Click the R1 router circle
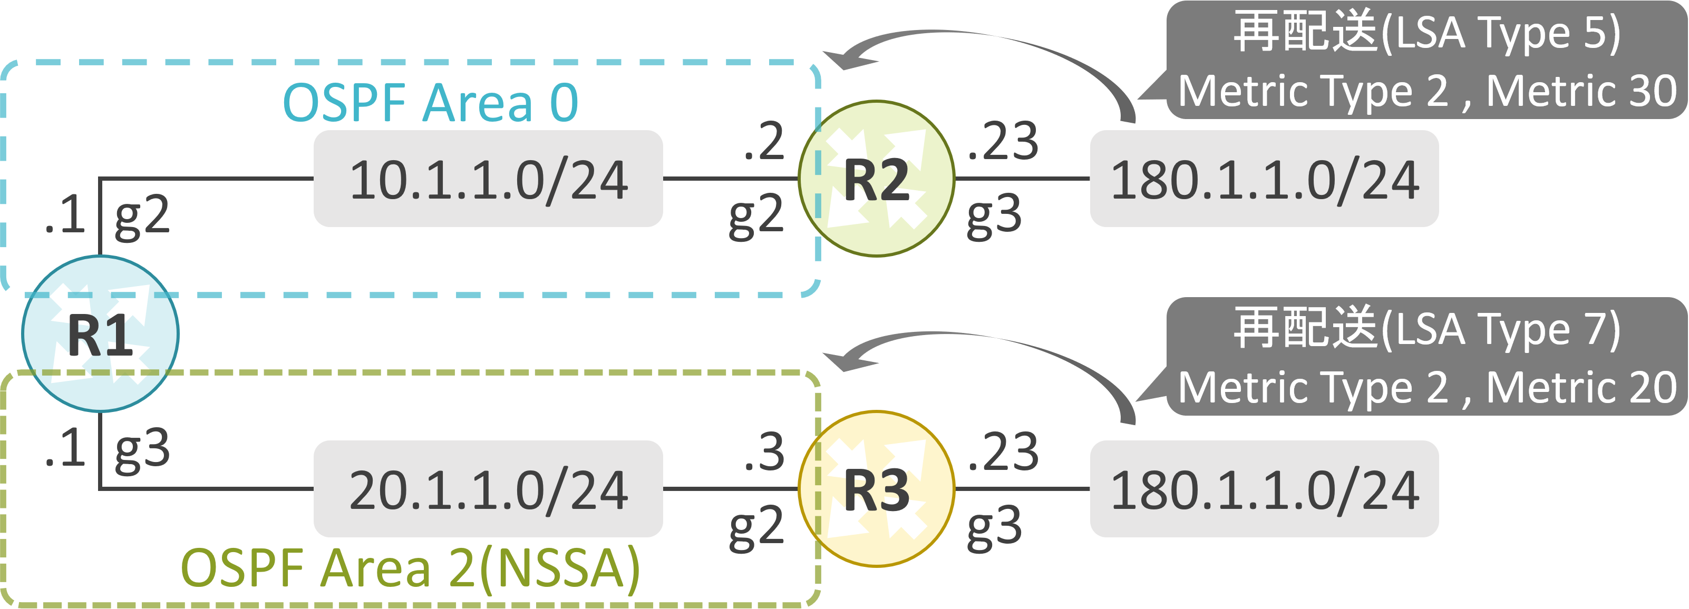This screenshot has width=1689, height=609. coord(100,333)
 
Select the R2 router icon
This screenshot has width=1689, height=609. coord(877,178)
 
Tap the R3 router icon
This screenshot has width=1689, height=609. coord(877,489)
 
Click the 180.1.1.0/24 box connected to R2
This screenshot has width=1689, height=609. coord(1264,178)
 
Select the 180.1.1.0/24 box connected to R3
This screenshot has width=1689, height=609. coord(1264,489)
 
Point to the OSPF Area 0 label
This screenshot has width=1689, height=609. coord(431,102)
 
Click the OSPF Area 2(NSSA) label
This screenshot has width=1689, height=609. coord(411,569)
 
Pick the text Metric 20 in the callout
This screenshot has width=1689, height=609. coord(1581,387)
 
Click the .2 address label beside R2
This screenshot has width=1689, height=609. coord(764,141)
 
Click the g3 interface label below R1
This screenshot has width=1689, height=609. coord(142,451)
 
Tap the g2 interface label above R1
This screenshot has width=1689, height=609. coord(142,218)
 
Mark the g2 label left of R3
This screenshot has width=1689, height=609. coord(756,528)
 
